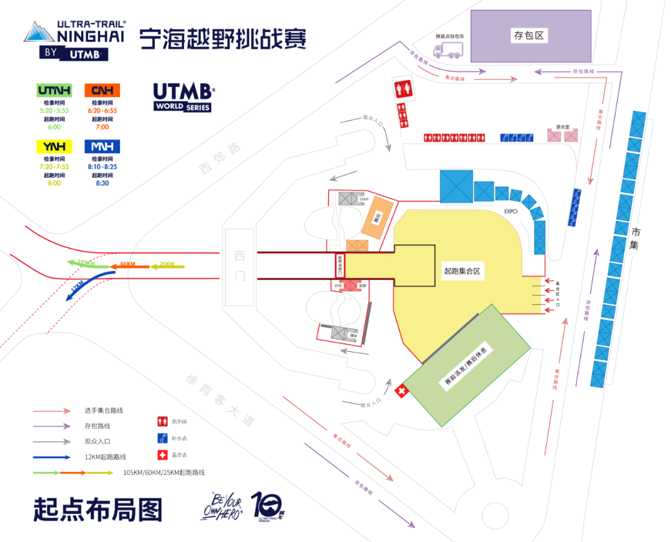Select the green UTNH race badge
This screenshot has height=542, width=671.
pos(54,90)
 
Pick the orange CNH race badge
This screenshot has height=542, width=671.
pos(103,90)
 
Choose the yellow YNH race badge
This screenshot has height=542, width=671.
pos(54,147)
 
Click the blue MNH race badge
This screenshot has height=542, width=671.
pos(103,147)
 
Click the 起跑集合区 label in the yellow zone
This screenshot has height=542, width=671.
pos(463,272)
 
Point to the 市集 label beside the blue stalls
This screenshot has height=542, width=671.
pos(636,239)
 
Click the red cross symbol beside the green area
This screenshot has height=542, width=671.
pos(402,392)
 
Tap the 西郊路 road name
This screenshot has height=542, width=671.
pos(219,158)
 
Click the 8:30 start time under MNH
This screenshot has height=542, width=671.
pos(103,183)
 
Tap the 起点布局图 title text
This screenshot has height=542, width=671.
pos(98,509)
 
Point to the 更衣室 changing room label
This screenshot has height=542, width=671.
pos(563,127)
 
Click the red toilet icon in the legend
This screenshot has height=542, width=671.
pos(162,421)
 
